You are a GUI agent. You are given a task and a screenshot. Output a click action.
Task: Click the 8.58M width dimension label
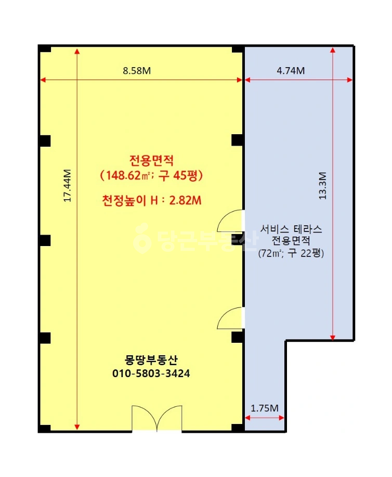[x=137, y=71]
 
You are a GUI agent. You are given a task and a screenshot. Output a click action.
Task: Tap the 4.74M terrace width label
[x=291, y=71]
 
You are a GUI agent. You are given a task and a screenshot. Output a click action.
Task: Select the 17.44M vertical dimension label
[x=67, y=185]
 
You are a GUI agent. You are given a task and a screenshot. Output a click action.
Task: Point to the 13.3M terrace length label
[x=322, y=186]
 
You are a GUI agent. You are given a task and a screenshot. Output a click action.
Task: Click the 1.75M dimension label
[x=264, y=408]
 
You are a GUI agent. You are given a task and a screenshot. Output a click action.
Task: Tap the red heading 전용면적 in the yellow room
[x=151, y=160]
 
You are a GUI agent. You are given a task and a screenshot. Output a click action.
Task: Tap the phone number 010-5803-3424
[x=151, y=373]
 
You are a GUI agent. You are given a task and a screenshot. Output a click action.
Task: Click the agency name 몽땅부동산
[x=151, y=360]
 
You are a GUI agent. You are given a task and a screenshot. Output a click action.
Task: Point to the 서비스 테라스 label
[x=291, y=229]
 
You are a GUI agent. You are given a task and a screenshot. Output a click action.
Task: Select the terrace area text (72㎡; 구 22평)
[x=291, y=253]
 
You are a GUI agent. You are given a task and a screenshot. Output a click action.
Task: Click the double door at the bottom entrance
[x=157, y=418]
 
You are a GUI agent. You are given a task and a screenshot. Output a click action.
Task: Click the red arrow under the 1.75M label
[x=264, y=418]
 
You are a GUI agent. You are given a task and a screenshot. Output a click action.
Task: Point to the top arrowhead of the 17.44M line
[x=77, y=51]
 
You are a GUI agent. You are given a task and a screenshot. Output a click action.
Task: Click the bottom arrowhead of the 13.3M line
[x=333, y=338]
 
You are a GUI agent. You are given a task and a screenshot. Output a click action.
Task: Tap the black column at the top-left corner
[x=45, y=49]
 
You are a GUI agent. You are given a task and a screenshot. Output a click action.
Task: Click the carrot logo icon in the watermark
[x=142, y=238]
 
